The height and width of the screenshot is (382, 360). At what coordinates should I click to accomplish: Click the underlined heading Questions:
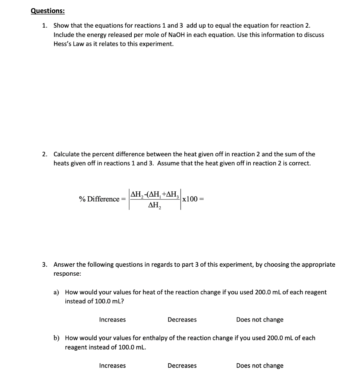(x=47, y=11)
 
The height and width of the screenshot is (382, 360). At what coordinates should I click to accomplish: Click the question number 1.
(x=44, y=26)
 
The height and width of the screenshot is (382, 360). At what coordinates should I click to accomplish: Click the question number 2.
(x=44, y=154)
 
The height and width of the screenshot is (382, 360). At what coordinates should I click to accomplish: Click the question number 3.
(x=44, y=264)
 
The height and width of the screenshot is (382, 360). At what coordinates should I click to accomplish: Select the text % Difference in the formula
(x=99, y=199)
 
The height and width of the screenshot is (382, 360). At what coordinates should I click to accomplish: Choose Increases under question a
(x=112, y=320)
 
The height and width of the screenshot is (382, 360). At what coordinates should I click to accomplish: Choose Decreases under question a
(x=182, y=320)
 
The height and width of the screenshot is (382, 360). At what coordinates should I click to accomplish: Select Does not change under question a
(x=260, y=320)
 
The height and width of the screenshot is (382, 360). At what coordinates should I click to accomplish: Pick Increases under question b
(x=112, y=366)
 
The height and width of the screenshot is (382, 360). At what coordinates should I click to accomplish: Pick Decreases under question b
(x=182, y=366)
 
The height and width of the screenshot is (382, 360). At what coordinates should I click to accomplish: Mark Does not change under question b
(x=260, y=366)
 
